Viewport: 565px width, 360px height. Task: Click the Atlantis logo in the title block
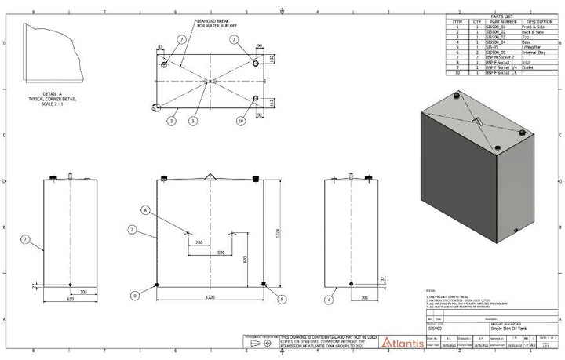402,342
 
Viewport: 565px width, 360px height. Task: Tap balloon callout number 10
240,122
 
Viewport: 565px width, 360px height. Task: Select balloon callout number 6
145,210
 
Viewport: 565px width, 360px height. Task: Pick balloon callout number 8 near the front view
282,297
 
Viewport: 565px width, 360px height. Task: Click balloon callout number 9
135,295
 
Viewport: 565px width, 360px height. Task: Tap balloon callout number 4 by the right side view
330,298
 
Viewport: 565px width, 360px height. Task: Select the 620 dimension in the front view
246,260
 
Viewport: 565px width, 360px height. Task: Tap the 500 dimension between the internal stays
221,253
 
